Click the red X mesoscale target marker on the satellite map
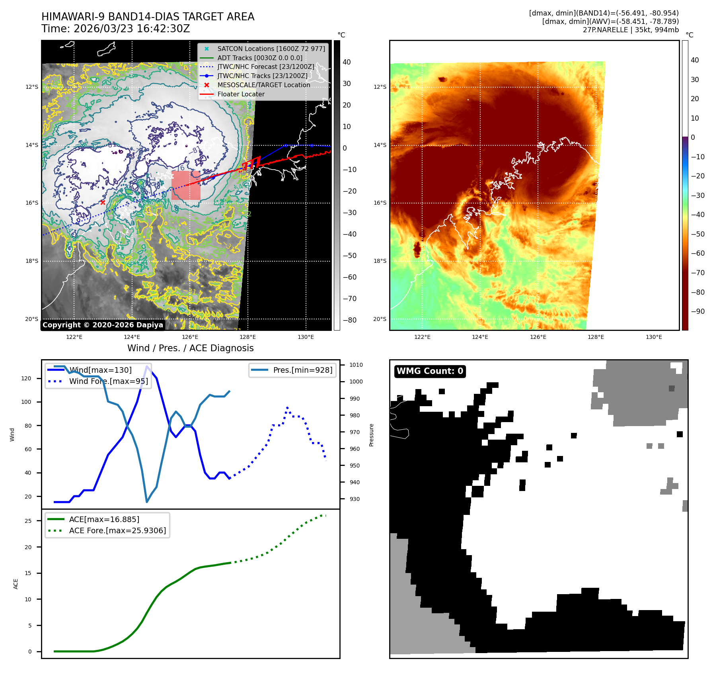pyautogui.click(x=103, y=202)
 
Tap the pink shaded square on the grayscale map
pyautogui.click(x=186, y=185)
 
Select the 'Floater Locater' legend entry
pyautogui.click(x=241, y=94)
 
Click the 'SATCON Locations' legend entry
pyautogui.click(x=271, y=49)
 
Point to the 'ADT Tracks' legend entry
pyautogui.click(x=260, y=58)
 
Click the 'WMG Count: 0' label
pyautogui.click(x=430, y=371)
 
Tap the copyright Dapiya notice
pyautogui.click(x=103, y=325)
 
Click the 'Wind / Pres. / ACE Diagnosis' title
pyautogui.click(x=190, y=348)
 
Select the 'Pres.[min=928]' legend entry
pyautogui.click(x=302, y=370)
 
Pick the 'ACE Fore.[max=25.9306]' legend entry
pyautogui.click(x=117, y=531)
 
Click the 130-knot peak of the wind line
pyautogui.click(x=147, y=366)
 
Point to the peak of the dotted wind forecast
pyautogui.click(x=287, y=408)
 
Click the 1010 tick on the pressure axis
pyautogui.click(x=356, y=365)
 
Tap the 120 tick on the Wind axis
pyautogui.click(x=26, y=378)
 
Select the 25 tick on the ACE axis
pyautogui.click(x=28, y=521)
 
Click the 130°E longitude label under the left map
pyautogui.click(x=306, y=337)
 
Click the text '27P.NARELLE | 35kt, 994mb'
pyautogui.click(x=631, y=30)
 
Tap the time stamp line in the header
pyautogui.click(x=116, y=29)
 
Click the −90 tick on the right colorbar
pyautogui.click(x=697, y=311)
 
